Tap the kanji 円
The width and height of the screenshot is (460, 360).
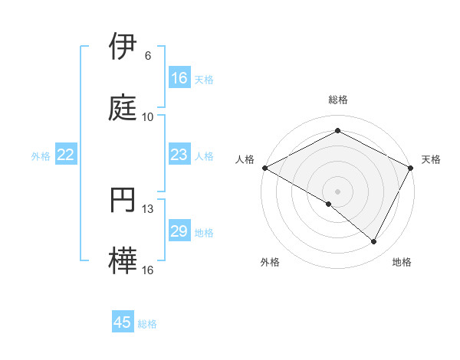[124, 200]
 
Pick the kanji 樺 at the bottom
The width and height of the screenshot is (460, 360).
[124, 261]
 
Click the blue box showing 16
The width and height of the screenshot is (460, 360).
[179, 78]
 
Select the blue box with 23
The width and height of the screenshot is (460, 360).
[179, 155]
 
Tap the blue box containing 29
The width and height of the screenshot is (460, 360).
[179, 232]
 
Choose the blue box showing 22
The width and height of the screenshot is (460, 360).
[66, 155]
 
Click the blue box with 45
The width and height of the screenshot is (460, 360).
[123, 322]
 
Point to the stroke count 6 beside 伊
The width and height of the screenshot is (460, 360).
[148, 56]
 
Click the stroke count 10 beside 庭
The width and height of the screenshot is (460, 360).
[148, 117]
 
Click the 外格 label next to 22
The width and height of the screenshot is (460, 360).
[41, 156]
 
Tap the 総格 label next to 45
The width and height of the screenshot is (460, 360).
[147, 324]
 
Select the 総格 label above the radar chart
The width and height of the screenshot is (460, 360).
[337, 100]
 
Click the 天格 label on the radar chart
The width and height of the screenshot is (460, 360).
[431, 159]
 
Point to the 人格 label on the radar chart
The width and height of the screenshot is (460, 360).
[245, 159]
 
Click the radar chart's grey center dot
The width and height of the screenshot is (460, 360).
[337, 191]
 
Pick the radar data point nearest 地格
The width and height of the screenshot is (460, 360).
[374, 242]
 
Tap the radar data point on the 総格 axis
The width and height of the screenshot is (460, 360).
[337, 131]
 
